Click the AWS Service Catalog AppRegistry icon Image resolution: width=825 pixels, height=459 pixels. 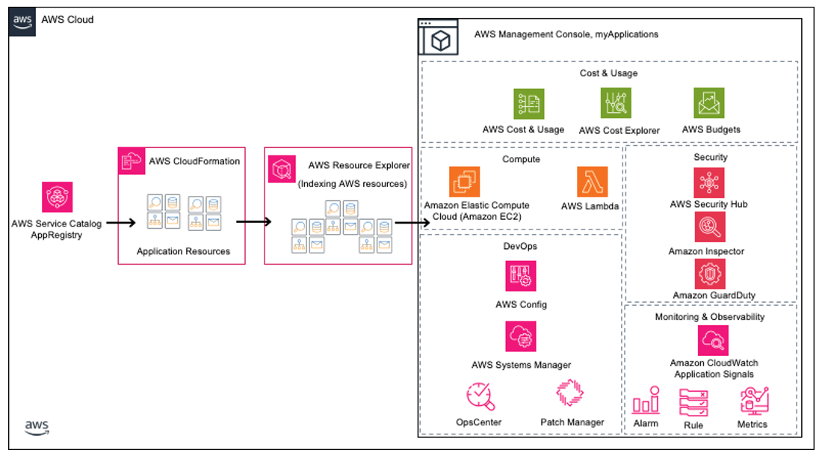pyautogui.click(x=57, y=197)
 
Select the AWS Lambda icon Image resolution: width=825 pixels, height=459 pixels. pyautogui.click(x=592, y=182)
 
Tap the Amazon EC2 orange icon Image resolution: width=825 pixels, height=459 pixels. pyautogui.click(x=464, y=182)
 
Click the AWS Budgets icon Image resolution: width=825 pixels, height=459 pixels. pyautogui.click(x=708, y=104)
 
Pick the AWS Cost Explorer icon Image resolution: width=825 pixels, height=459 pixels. pyautogui.click(x=617, y=104)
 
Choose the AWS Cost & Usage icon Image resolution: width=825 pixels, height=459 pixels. pyautogui.click(x=529, y=104)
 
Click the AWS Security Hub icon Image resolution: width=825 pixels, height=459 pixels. pyautogui.click(x=708, y=182)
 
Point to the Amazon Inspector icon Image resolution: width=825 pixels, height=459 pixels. pyautogui.click(x=708, y=227)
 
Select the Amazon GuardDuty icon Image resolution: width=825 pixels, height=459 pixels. pyautogui.click(x=708, y=274)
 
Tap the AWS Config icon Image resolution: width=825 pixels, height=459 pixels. pyautogui.click(x=521, y=276)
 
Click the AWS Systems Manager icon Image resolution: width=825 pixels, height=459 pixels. pyautogui.click(x=521, y=336)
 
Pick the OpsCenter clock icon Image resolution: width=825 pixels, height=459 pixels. pyautogui.click(x=480, y=395)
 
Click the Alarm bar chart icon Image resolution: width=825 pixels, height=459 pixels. pyautogui.click(x=646, y=401)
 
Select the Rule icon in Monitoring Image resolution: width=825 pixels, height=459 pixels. pyautogui.click(x=693, y=402)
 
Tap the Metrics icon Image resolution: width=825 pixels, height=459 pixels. pyautogui.click(x=752, y=401)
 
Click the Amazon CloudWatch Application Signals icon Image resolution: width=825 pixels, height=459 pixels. pyautogui.click(x=713, y=341)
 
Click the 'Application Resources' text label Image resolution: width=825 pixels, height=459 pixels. pyautogui.click(x=183, y=251)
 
